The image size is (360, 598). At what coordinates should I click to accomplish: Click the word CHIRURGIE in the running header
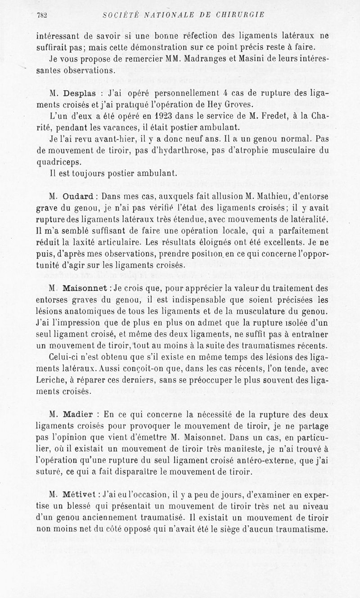point(241,14)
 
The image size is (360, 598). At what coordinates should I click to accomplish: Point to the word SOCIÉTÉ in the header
point(121,14)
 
